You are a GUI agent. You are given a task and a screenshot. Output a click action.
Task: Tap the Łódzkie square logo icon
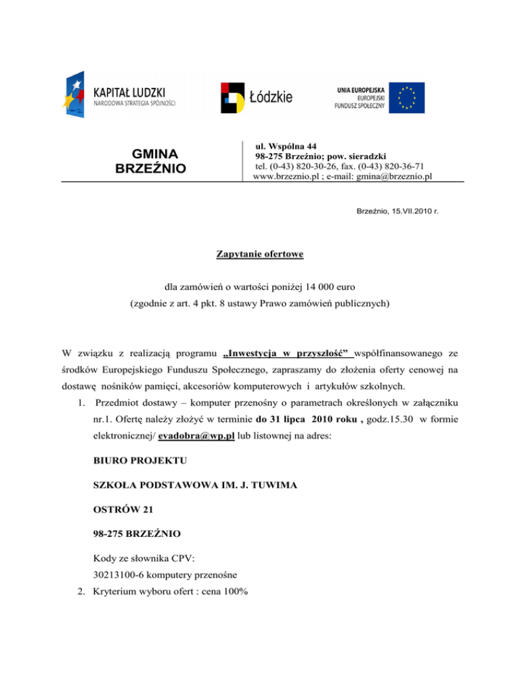click(x=234, y=97)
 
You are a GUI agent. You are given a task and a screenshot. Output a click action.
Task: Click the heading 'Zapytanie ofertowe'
click(x=260, y=255)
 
